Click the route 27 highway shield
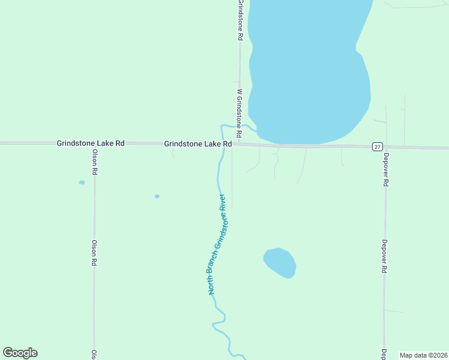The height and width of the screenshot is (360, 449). coord(377,146)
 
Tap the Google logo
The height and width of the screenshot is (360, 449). coord(20,353)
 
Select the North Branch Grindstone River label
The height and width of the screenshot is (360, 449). coord(217,244)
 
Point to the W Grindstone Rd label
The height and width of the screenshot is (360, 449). coord(239,113)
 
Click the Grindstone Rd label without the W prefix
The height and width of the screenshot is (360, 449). coord(240,20)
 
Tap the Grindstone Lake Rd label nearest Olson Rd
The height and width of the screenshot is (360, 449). coord(91,143)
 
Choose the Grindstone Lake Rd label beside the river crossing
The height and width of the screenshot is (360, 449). coord(198,144)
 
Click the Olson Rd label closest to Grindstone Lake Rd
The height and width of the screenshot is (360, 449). coord(94,163)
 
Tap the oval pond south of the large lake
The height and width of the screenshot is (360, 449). coord(280,262)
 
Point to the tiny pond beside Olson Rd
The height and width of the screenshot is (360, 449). coord(82,182)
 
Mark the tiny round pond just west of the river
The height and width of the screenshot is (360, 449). coord(157,196)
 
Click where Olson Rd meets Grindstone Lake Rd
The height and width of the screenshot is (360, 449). coord(94,143)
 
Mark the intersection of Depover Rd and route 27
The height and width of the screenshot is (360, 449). coord(385,147)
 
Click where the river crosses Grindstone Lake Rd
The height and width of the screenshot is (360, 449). coord(224,144)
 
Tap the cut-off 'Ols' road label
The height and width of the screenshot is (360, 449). coord(93,354)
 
